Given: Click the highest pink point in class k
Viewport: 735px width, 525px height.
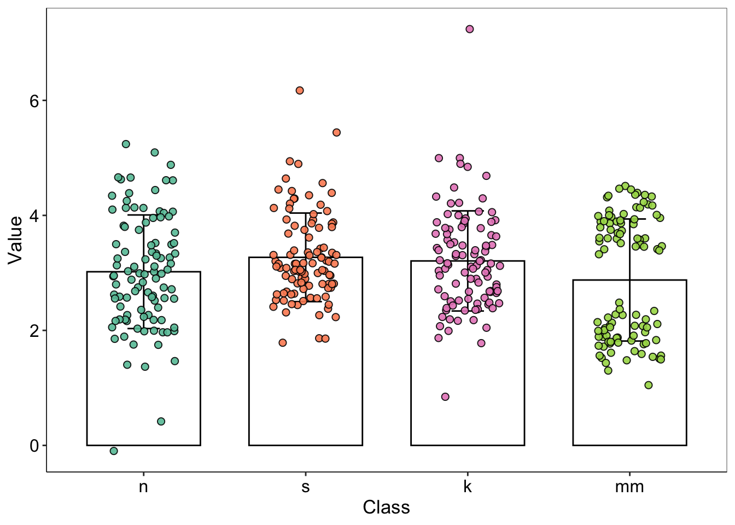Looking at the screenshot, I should coord(469,29).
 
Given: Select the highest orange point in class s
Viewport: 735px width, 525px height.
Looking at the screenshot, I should coord(300,90).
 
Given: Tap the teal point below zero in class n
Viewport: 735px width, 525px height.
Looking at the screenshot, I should coord(114,451).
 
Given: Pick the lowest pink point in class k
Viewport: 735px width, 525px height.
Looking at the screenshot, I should coord(445,396).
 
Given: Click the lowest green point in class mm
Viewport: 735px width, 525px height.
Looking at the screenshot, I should coord(649,385).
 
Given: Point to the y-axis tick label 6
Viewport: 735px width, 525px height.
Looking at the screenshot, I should coord(34,101).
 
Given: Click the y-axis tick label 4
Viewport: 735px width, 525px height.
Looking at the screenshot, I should coord(34,215).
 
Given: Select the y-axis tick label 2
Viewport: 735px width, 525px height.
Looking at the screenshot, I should coord(34,330).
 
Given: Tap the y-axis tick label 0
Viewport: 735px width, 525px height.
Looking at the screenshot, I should coord(34,446).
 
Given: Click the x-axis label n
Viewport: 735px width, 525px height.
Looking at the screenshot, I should coord(143,486).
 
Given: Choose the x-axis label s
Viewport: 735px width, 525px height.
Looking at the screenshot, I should coord(305,486).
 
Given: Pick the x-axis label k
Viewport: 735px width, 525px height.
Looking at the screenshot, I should coord(468,486).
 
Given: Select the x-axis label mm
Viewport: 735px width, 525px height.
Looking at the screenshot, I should coord(629,486).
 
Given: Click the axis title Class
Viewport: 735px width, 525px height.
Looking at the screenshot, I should coord(386,507).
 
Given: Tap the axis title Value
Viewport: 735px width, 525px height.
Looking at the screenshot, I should coord(15,240).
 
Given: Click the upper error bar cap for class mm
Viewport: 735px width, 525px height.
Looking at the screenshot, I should coord(629,219).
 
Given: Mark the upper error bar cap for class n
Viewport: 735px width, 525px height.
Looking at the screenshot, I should coord(143,215).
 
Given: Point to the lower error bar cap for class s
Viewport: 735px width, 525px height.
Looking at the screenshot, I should coord(305,301).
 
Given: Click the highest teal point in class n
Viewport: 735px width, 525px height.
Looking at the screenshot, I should coord(126,144).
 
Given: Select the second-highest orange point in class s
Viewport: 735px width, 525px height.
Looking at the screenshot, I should coord(336,132).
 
